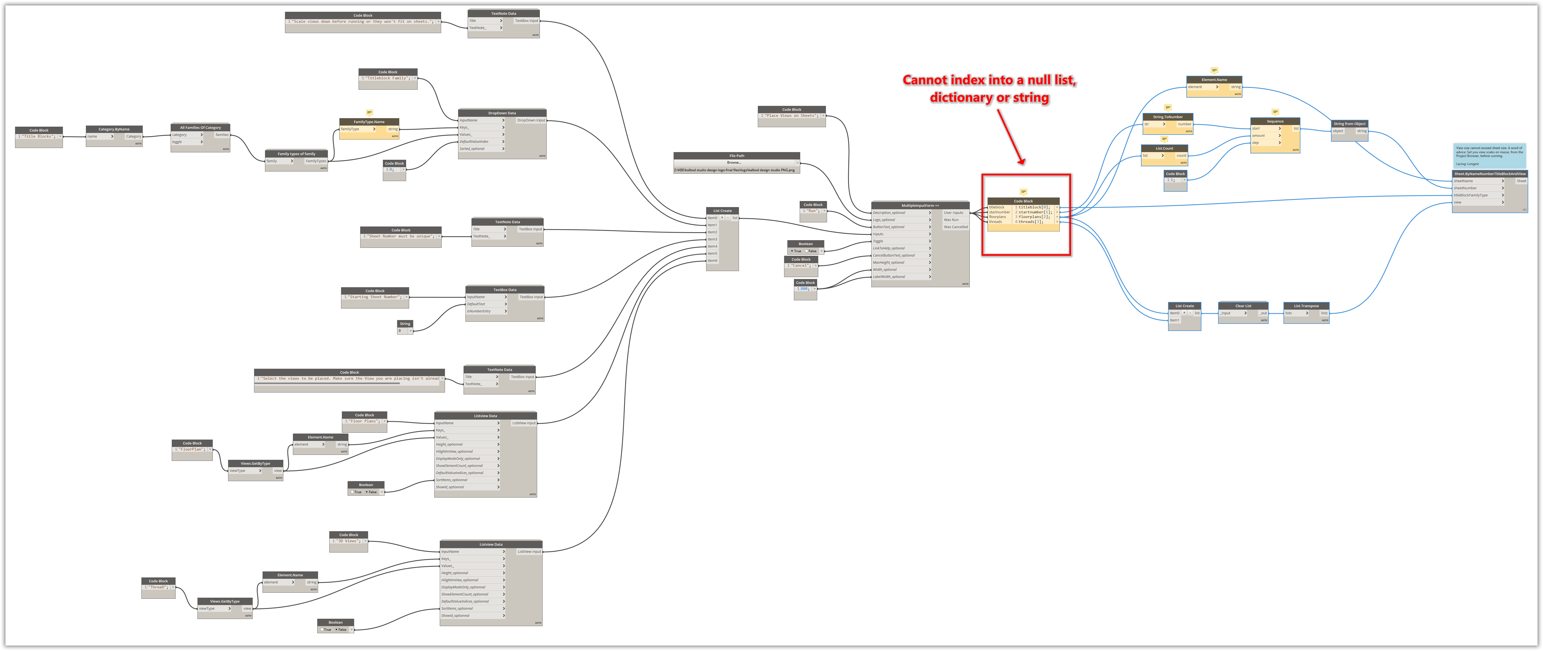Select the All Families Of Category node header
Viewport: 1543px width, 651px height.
[200, 127]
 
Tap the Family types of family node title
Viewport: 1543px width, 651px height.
[296, 154]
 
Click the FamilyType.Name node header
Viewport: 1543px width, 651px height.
[369, 121]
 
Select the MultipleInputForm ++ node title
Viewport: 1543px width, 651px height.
[920, 205]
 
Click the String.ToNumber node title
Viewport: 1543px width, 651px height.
[1168, 117]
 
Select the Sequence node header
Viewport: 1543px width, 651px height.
[1275, 121]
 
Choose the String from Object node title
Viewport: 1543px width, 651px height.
[1349, 123]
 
